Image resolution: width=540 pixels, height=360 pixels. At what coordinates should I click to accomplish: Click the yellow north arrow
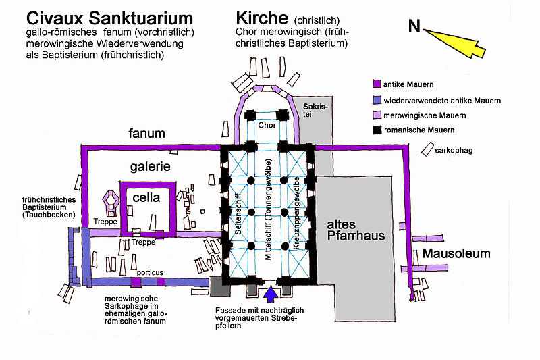pos(459,39)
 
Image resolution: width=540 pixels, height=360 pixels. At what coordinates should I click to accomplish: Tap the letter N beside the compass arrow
pos(414,26)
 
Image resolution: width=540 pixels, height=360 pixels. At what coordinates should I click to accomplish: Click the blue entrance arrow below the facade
pos(271,294)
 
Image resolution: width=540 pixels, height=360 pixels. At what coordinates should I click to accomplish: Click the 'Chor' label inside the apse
pos(267,126)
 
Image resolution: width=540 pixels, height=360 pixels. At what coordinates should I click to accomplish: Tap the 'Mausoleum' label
pos(456,255)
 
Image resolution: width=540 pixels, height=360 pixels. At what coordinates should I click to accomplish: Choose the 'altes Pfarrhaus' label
pos(355,230)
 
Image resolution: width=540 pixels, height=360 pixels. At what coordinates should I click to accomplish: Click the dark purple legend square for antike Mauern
pos(377,85)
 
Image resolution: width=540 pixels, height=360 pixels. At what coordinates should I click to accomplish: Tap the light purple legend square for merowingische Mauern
pos(377,114)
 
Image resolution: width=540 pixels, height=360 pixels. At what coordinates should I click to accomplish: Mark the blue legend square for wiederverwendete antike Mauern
pos(377,100)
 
